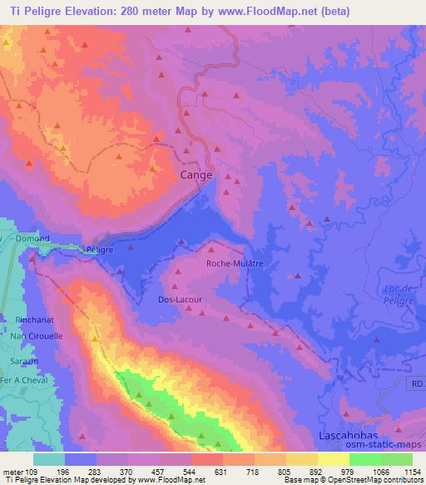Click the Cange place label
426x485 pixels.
pos(196,176)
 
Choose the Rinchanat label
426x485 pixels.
pos(33,319)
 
